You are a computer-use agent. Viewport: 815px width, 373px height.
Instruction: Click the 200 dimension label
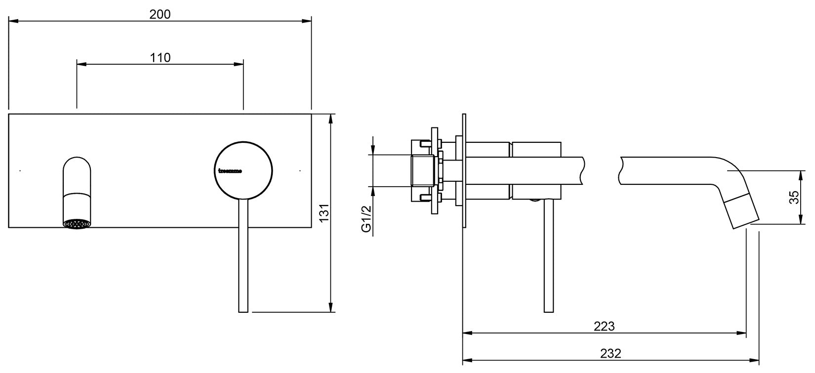click(x=160, y=14)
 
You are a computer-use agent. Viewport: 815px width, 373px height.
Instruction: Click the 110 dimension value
click(x=160, y=58)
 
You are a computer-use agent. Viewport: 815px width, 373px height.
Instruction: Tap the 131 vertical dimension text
click(x=324, y=212)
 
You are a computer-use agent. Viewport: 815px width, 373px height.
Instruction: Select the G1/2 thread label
click(x=366, y=220)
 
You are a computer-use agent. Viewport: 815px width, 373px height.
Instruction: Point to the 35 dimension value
click(x=794, y=198)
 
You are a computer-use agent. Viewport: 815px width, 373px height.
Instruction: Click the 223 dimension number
click(x=604, y=326)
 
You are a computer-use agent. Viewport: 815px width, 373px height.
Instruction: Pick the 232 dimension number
click(x=611, y=354)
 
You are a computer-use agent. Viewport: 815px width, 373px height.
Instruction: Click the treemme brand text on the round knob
click(x=230, y=171)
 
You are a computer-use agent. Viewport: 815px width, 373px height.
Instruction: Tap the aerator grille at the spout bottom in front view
click(x=78, y=224)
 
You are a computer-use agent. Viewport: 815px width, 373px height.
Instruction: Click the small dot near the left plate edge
click(x=20, y=170)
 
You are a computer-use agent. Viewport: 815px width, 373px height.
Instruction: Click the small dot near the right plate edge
click(x=300, y=170)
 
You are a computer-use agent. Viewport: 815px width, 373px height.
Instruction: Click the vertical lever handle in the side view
click(x=548, y=257)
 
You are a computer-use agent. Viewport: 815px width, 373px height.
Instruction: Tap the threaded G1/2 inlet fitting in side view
click(x=423, y=171)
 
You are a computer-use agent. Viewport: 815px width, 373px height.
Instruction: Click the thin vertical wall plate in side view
click(x=464, y=171)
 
